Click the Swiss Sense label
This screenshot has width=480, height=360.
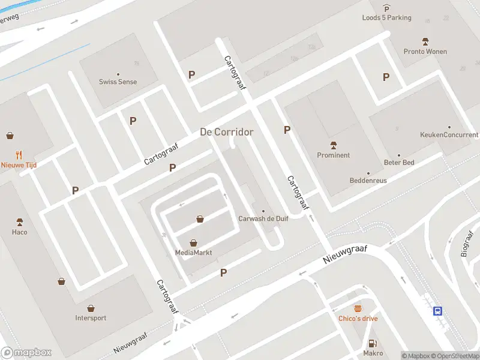click(x=118, y=82)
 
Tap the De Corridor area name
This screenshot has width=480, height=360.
click(x=226, y=132)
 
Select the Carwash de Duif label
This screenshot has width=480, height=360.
click(x=263, y=218)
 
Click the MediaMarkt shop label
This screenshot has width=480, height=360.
click(x=194, y=253)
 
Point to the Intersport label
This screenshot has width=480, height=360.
click(x=91, y=318)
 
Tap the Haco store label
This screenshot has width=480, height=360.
click(x=19, y=232)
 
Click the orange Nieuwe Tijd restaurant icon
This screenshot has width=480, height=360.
click(x=19, y=154)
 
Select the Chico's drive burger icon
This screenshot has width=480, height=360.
click(x=358, y=308)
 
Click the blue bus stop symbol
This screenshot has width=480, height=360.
click(x=439, y=311)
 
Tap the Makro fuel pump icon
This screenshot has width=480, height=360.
click(x=373, y=343)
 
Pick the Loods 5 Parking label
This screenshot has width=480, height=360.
click(x=386, y=17)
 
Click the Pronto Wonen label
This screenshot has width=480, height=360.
click(x=425, y=52)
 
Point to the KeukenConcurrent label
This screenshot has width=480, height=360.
click(x=449, y=135)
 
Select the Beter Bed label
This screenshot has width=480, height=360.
click(x=399, y=163)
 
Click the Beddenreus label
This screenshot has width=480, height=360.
click(x=368, y=181)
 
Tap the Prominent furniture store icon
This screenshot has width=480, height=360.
click(x=334, y=145)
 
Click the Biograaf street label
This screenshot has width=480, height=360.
click(x=468, y=242)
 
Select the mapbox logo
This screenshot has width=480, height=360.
click(x=26, y=353)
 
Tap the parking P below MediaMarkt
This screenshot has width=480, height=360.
click(x=224, y=272)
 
